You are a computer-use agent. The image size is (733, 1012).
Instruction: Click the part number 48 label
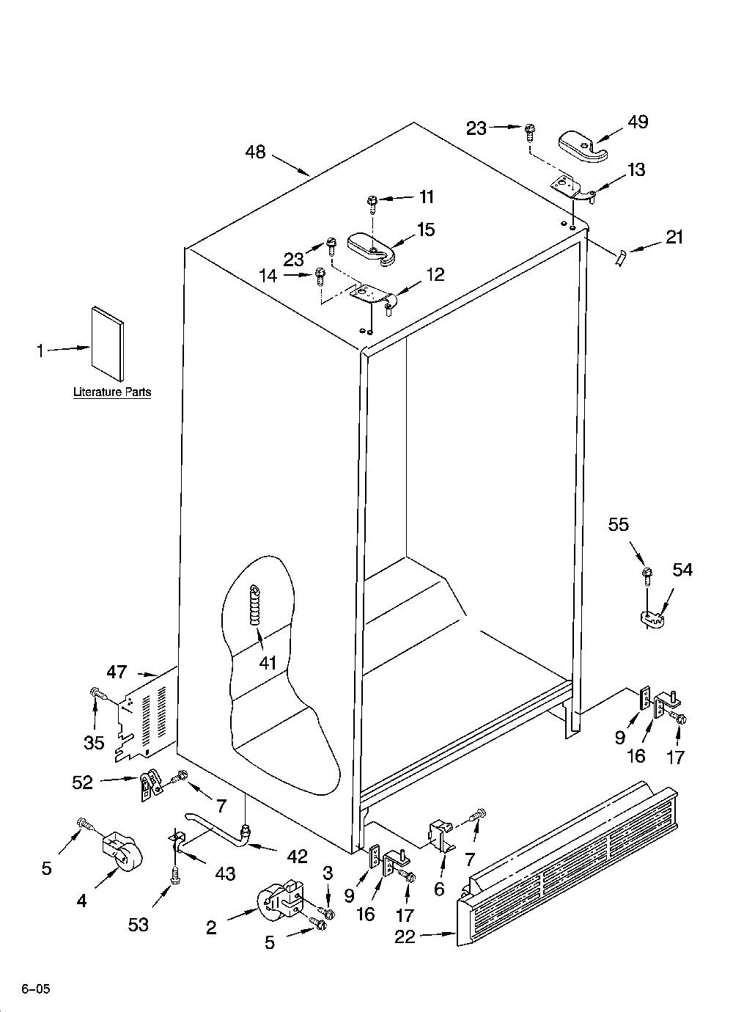[x=255, y=152]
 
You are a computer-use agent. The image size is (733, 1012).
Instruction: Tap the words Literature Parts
[x=112, y=392]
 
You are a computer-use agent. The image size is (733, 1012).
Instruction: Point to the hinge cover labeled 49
[x=583, y=147]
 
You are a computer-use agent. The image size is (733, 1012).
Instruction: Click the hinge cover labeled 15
[x=372, y=248]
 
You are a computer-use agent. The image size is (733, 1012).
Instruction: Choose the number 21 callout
[x=674, y=237]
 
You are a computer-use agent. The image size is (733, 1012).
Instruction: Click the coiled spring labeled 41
[x=256, y=605]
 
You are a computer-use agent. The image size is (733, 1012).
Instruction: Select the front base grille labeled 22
[x=567, y=869]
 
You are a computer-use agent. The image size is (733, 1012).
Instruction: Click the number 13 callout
[x=636, y=170]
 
